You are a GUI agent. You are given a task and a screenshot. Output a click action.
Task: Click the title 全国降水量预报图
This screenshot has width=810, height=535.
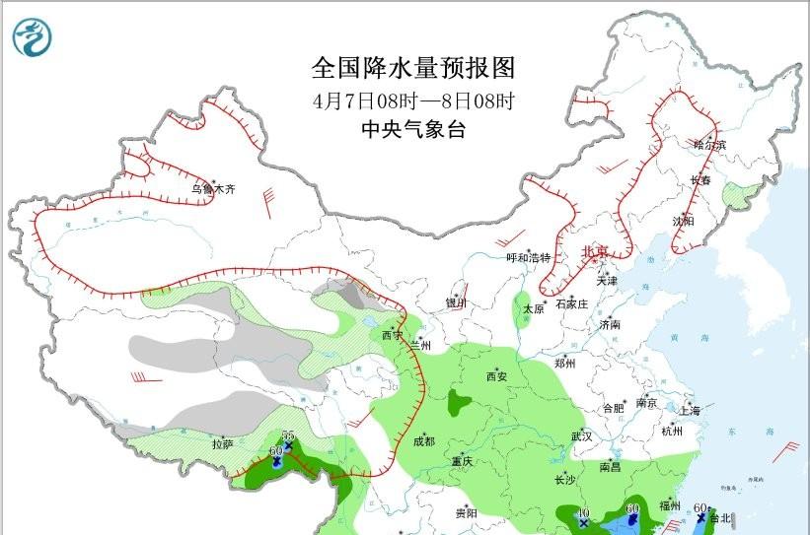pyautogui.click(x=413, y=68)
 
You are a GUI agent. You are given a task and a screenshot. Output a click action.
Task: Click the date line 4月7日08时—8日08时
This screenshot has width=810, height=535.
pyautogui.click(x=413, y=100)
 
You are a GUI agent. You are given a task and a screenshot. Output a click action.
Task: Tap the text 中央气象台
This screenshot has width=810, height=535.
pyautogui.click(x=412, y=129)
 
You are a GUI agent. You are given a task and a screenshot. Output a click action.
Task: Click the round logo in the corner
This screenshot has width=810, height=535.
pyautogui.click(x=35, y=37)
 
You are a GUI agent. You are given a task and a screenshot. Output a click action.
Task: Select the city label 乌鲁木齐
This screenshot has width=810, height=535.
pyautogui.click(x=213, y=188)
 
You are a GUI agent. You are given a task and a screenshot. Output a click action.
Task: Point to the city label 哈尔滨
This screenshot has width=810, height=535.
pyautogui.click(x=708, y=145)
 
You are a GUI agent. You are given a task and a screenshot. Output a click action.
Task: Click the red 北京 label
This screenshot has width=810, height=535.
pyautogui.click(x=597, y=252)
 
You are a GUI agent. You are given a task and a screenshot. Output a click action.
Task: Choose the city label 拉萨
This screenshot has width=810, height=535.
pyautogui.click(x=222, y=444)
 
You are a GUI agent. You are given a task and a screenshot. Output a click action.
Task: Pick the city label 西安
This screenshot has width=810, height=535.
pyautogui.click(x=495, y=376)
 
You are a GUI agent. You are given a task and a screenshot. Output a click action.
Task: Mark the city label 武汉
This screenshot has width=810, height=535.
pyautogui.click(x=581, y=435)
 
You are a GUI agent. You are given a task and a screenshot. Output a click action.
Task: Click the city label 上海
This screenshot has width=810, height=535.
pyautogui.click(x=692, y=410)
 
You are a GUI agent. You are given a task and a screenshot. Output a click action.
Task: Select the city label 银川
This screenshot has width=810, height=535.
pyautogui.click(x=455, y=303)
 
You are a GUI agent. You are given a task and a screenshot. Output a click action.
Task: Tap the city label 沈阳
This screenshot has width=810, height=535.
pyautogui.click(x=683, y=221)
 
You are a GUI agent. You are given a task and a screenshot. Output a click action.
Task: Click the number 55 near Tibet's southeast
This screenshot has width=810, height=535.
pyautogui.click(x=289, y=435)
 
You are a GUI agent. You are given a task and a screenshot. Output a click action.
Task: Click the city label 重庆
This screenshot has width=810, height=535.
pyautogui.click(x=463, y=461)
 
